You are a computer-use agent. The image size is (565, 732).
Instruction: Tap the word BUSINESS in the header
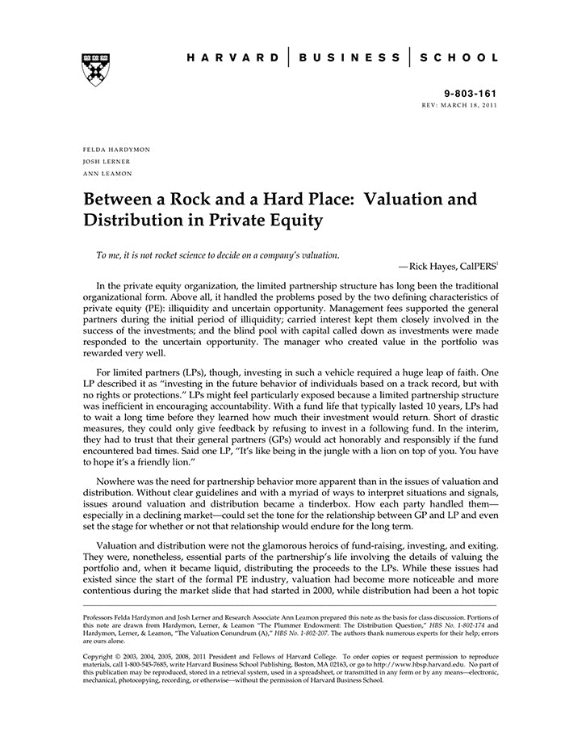click(x=349, y=58)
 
